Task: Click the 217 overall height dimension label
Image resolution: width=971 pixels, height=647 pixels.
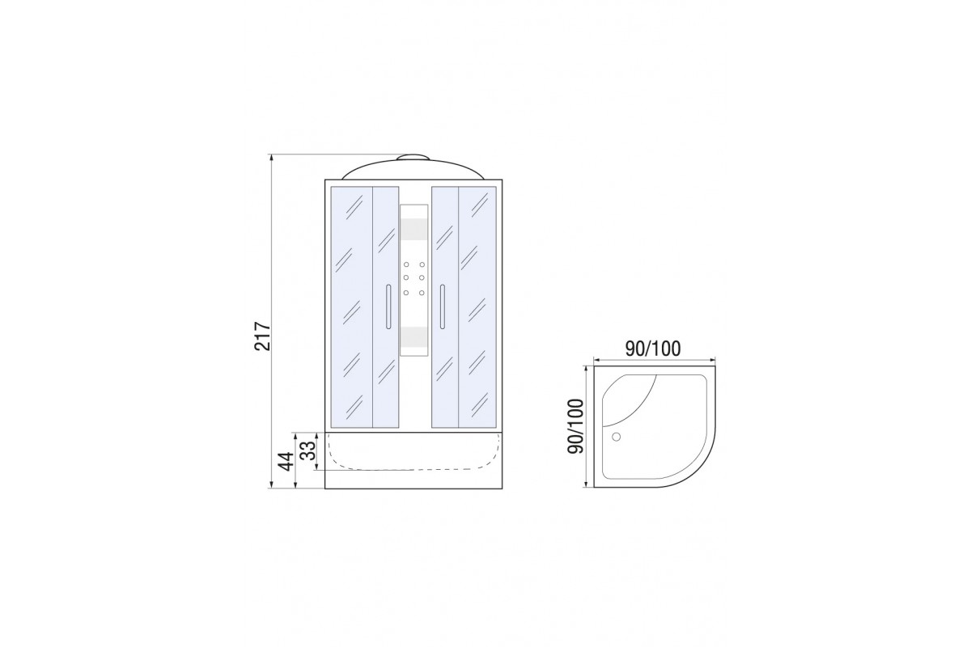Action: tap(263, 336)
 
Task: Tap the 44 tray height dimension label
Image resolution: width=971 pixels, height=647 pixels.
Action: tap(286, 461)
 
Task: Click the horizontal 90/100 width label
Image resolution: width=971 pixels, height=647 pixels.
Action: tap(653, 349)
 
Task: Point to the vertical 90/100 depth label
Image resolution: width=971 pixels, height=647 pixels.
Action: tap(576, 426)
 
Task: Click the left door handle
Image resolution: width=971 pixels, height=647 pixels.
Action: tap(388, 307)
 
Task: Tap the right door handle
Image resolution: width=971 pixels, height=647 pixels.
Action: tap(442, 307)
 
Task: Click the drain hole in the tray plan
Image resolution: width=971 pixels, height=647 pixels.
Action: tap(616, 437)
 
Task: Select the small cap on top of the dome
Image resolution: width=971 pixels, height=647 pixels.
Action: tap(414, 158)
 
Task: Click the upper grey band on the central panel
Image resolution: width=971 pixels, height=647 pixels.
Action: tap(413, 229)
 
